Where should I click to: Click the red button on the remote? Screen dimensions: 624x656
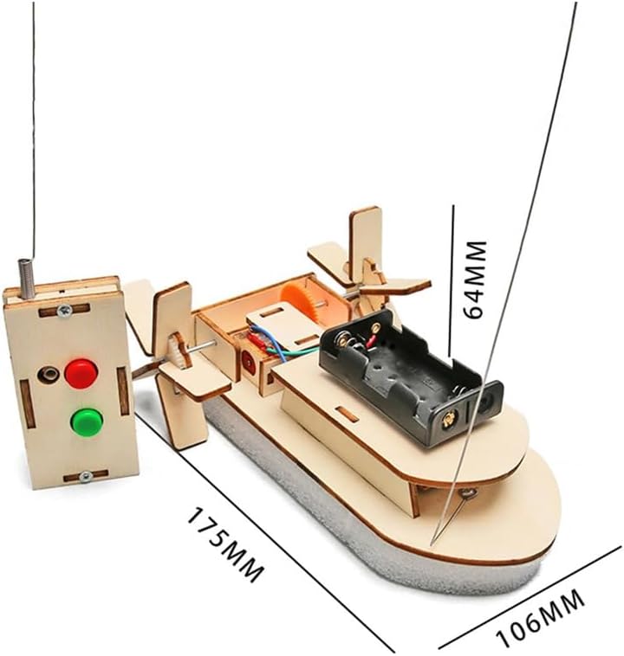coord(81,372)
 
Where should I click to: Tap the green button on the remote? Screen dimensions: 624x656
coord(87,420)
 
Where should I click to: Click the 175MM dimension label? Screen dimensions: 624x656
coord(224,544)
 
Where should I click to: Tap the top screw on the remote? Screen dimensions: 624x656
coord(64,310)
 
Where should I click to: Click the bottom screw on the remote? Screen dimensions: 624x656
coord(86,476)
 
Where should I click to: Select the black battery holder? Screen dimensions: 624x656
coord(411,376)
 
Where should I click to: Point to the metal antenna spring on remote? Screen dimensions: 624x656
coord(26,279)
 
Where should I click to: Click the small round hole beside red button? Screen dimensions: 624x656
coord(47,375)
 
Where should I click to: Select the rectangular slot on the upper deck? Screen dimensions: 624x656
coord(348,414)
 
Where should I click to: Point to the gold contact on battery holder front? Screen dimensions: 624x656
coord(448,420)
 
